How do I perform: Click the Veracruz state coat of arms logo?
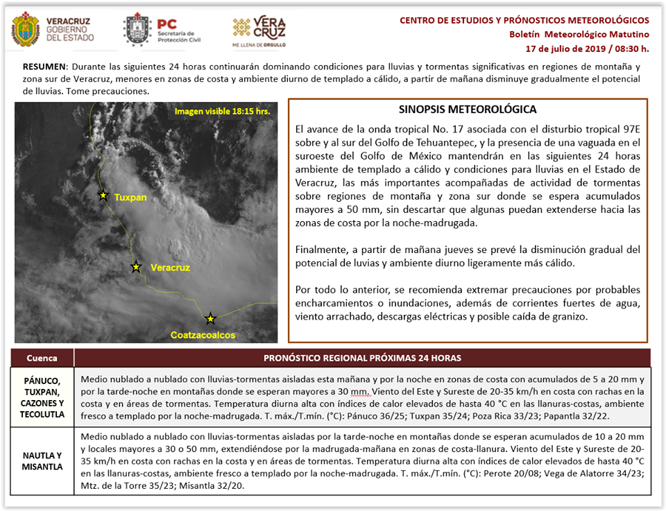(x=26, y=29)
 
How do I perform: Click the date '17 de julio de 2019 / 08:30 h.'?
(x=587, y=49)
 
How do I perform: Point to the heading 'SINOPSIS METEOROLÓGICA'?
(x=467, y=110)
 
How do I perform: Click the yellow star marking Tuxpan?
(x=103, y=196)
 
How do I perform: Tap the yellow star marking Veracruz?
(x=137, y=266)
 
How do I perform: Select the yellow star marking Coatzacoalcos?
(x=210, y=318)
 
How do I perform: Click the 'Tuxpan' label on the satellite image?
(x=130, y=197)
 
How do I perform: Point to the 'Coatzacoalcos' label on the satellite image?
(x=203, y=335)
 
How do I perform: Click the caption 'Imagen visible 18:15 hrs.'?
(x=222, y=112)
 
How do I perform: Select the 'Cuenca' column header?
(x=42, y=358)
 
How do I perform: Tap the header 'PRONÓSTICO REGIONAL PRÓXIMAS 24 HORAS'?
(x=362, y=358)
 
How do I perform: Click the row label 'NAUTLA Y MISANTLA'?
(x=42, y=461)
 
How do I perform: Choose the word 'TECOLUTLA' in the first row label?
(x=42, y=414)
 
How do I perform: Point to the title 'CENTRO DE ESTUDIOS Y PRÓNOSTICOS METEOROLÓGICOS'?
(x=524, y=20)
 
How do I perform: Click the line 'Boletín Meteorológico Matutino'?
(x=579, y=35)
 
